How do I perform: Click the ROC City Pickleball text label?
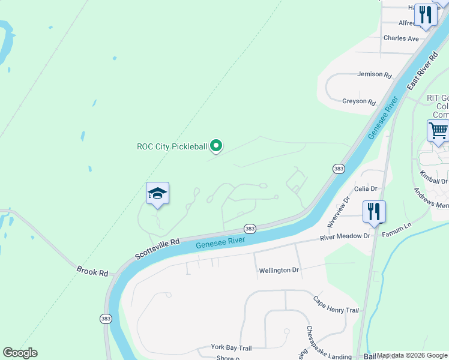tap(172, 146)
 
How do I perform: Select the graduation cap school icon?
tap(157, 193)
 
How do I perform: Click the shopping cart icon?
tap(438, 130)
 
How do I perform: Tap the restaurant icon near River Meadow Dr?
tap(373, 211)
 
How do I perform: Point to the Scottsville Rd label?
tap(157, 249)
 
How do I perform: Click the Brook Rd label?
tap(92, 271)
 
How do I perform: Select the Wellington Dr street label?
tap(279, 271)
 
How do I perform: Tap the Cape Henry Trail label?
tap(336, 304)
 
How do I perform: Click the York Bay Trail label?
tap(231, 347)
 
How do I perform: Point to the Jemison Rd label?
tap(374, 75)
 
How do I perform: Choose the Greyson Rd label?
tap(359, 102)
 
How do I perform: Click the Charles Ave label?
tap(401, 38)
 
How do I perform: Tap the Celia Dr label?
tap(366, 188)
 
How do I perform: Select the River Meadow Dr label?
tap(345, 236)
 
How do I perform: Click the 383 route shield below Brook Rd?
tap(106, 318)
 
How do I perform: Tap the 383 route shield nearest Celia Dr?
tap(339, 169)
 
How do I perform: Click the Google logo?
tap(20, 353)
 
